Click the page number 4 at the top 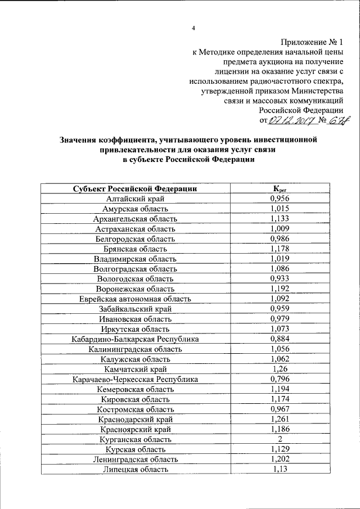pos(193,28)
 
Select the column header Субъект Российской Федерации pos(135,189)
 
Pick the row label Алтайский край pos(135,199)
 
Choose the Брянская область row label pos(135,249)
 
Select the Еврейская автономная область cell pos(135,299)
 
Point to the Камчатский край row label pos(135,369)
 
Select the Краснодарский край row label pos(135,419)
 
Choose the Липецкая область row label pos(135,469)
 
